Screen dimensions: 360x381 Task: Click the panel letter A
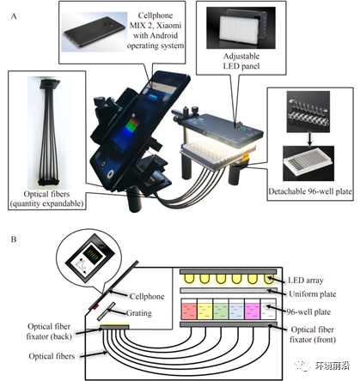pyautogui.click(x=14, y=16)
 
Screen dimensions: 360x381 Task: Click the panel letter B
pyautogui.click(x=14, y=239)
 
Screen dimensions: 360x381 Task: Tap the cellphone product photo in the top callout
pyautogui.click(x=95, y=32)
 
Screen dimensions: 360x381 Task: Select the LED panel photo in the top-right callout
pyautogui.click(x=241, y=27)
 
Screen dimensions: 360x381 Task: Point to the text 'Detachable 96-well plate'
pyautogui.click(x=310, y=191)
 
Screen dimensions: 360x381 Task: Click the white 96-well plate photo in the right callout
pyautogui.click(x=308, y=163)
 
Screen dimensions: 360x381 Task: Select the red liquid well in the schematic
pyautogui.click(x=189, y=311)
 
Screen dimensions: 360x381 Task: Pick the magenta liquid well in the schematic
pyautogui.click(x=253, y=311)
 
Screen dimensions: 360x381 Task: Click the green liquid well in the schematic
pyautogui.click(x=221, y=311)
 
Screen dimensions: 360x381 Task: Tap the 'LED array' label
pyautogui.click(x=306, y=281)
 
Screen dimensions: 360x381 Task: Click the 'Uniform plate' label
pyautogui.click(x=313, y=294)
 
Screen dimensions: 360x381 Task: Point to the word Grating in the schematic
pyautogui.click(x=139, y=313)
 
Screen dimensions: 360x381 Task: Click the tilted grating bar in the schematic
pyautogui.click(x=106, y=311)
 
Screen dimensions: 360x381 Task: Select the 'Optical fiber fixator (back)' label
pyautogui.click(x=49, y=331)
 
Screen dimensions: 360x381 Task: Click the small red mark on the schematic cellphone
pyautogui.click(x=95, y=307)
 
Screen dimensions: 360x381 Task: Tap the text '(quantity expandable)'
pyautogui.click(x=46, y=203)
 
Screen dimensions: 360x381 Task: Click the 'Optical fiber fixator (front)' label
pyautogui.click(x=313, y=335)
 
